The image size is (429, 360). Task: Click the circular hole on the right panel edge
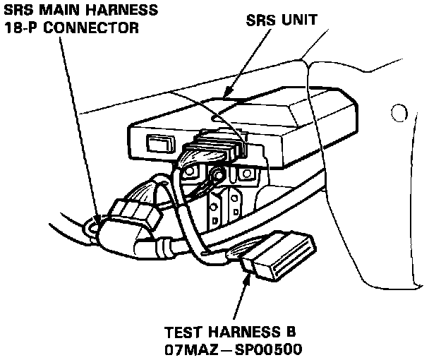coord(398,112)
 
